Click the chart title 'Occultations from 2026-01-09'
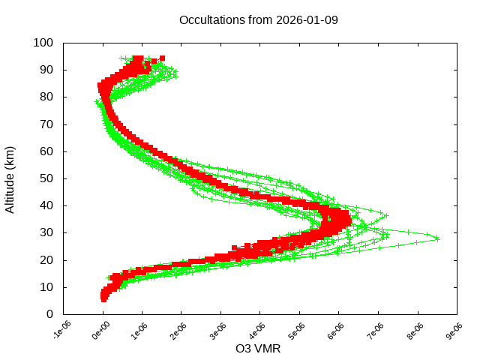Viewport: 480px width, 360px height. [x=259, y=20]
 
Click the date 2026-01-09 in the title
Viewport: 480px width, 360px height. [x=307, y=20]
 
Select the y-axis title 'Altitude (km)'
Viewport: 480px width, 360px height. [x=10, y=178]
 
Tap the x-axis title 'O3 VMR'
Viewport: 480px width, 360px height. [x=258, y=349]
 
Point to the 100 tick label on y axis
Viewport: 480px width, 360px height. [x=43, y=43]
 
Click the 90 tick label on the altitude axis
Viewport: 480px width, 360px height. [x=46, y=70]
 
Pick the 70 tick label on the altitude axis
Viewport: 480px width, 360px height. [x=46, y=124]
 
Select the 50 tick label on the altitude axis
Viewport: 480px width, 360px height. [x=46, y=178]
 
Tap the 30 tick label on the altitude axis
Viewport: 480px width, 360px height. [x=46, y=232]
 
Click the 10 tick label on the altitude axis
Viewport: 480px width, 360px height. [x=46, y=287]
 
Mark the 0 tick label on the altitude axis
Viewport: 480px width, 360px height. [x=49, y=314]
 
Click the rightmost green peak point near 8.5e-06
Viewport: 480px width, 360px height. [x=437, y=238]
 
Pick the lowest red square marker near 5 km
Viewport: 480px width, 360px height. [x=104, y=299]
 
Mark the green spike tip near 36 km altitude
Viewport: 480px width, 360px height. [x=386, y=216]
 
